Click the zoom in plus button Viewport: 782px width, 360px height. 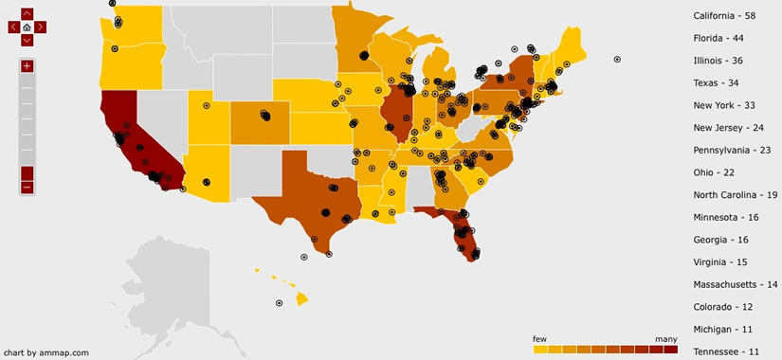pyautogui.click(x=27, y=65)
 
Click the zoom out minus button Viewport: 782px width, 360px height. pyautogui.click(x=27, y=187)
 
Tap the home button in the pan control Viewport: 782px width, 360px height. pyautogui.click(x=27, y=27)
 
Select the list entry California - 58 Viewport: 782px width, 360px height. pyautogui.click(x=724, y=16)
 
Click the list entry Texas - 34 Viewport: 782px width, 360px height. pyautogui.click(x=718, y=83)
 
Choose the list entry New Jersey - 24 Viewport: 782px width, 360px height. pyautogui.click(x=728, y=128)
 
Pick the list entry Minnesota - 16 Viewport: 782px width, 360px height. pyautogui.click(x=727, y=217)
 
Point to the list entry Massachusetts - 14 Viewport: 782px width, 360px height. pyautogui.click(x=735, y=284)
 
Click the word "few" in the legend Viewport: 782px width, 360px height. pyautogui.click(x=540, y=338)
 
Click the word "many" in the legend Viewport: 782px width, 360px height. pyautogui.click(x=666, y=338)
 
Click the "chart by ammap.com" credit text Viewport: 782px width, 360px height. pyautogui.click(x=46, y=352)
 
